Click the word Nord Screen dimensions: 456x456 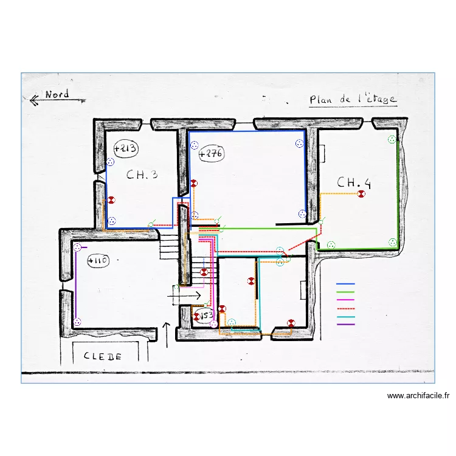(x=57, y=94)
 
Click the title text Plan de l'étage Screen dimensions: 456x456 (x=353, y=99)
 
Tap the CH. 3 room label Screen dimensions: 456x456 (x=142, y=174)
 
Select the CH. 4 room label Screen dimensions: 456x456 (x=354, y=182)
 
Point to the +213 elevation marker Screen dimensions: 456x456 (x=125, y=148)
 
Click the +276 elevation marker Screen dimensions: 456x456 (x=211, y=154)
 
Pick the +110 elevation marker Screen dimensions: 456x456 (x=98, y=261)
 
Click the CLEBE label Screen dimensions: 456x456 (x=102, y=356)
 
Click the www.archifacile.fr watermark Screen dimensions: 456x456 (x=418, y=396)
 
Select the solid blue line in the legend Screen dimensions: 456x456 (x=345, y=284)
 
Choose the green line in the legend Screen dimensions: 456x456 (x=345, y=292)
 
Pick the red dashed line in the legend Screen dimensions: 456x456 (x=345, y=309)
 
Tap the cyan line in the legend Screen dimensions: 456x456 (x=345, y=317)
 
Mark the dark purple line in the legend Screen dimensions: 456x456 (x=345, y=325)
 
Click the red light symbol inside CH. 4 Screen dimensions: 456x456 (x=361, y=194)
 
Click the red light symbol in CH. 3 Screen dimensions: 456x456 (x=111, y=200)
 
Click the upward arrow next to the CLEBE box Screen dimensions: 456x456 (x=166, y=335)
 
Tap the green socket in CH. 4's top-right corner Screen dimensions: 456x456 (x=392, y=140)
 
